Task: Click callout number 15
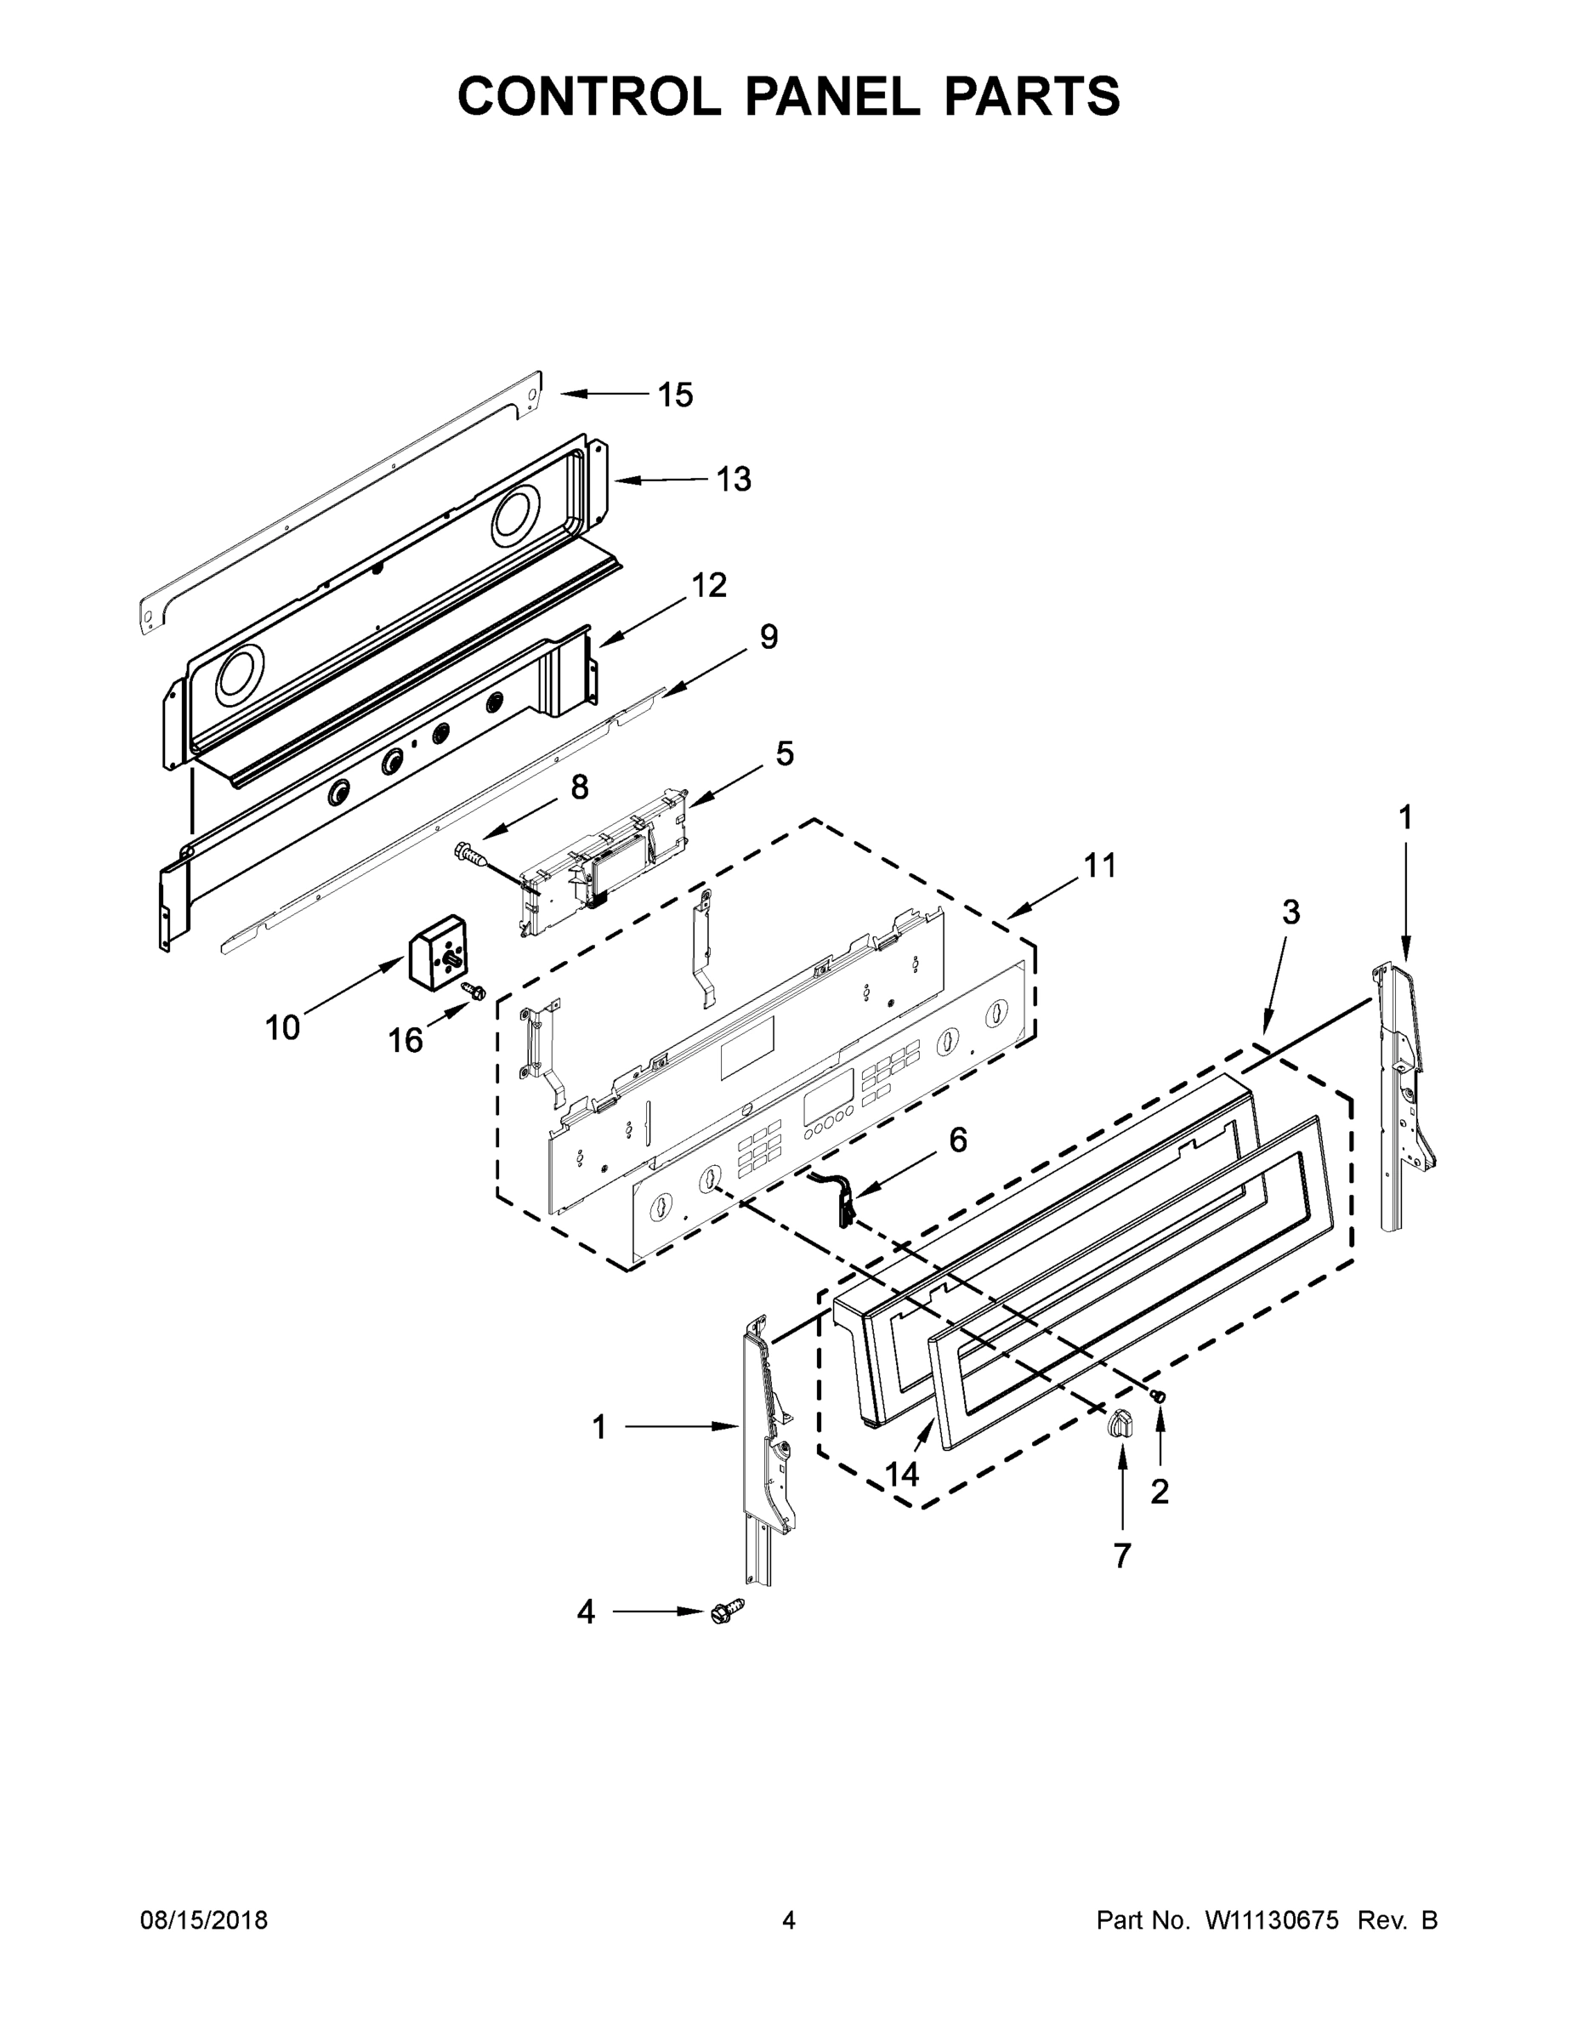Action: tap(674, 395)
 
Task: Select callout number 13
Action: tap(734, 480)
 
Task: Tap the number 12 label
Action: tap(709, 586)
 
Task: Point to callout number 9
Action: tap(768, 637)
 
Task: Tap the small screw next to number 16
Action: tap(474, 991)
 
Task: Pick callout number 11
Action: tap(1099, 867)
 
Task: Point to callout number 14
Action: tap(901, 1474)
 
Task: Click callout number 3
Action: tap(1290, 912)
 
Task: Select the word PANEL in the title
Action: tap(825, 96)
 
